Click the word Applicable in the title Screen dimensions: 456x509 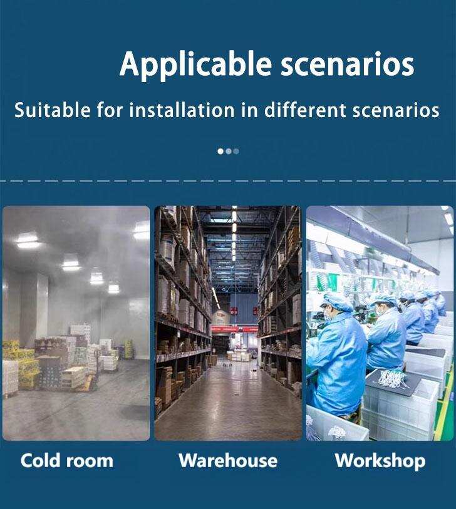point(195,65)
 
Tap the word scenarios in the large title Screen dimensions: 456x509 point(347,64)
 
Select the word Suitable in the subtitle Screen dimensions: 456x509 point(52,110)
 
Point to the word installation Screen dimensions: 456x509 point(182,110)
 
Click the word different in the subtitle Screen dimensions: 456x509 point(305,110)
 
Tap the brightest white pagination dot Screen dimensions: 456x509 point(220,152)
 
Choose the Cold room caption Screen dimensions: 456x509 point(67,460)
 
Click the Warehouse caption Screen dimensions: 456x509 point(228,460)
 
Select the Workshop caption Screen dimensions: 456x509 point(380,461)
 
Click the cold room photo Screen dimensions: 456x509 point(76,323)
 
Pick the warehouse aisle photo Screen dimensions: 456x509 point(228,323)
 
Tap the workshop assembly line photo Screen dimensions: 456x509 point(380,323)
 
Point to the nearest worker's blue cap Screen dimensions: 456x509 point(338,301)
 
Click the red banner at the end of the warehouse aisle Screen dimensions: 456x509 point(234,329)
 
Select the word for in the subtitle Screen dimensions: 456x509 point(110,110)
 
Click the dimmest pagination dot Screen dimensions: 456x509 point(236,152)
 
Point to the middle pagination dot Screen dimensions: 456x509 point(229,152)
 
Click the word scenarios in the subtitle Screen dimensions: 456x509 point(396,110)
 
